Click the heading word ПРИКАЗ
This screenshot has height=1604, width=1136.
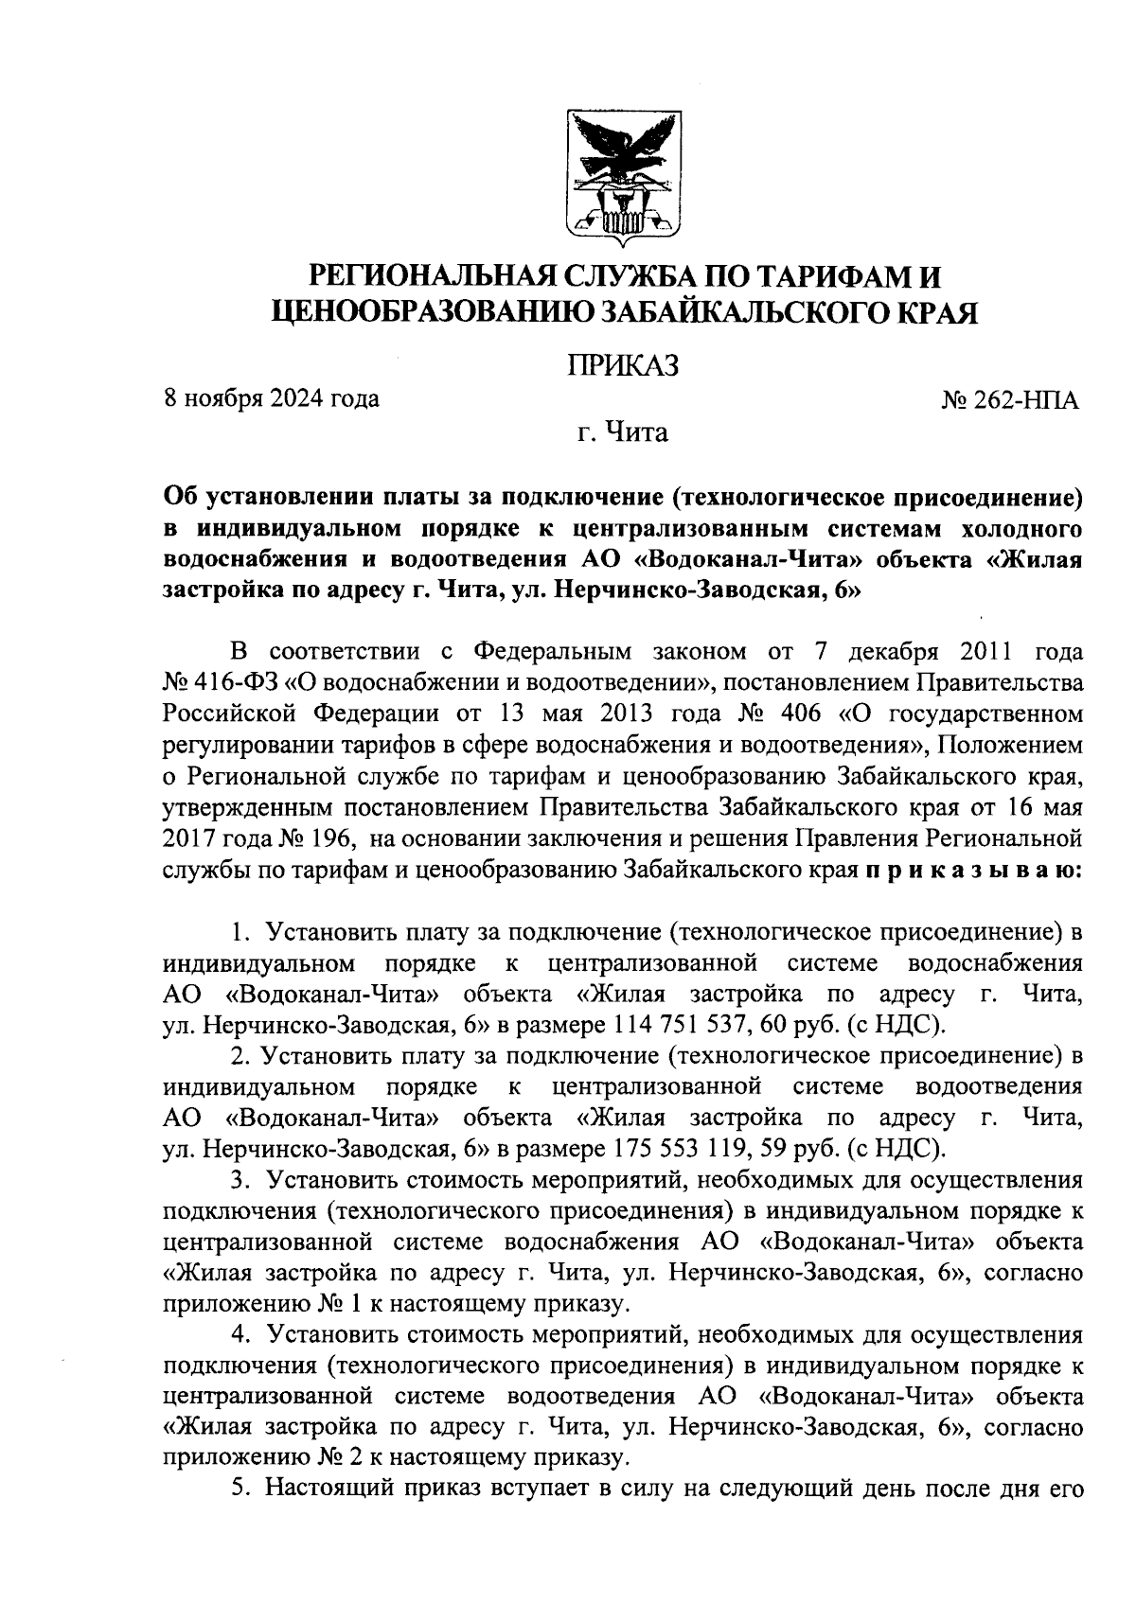pyautogui.click(x=623, y=365)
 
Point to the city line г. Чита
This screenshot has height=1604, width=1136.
pyautogui.click(x=623, y=433)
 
